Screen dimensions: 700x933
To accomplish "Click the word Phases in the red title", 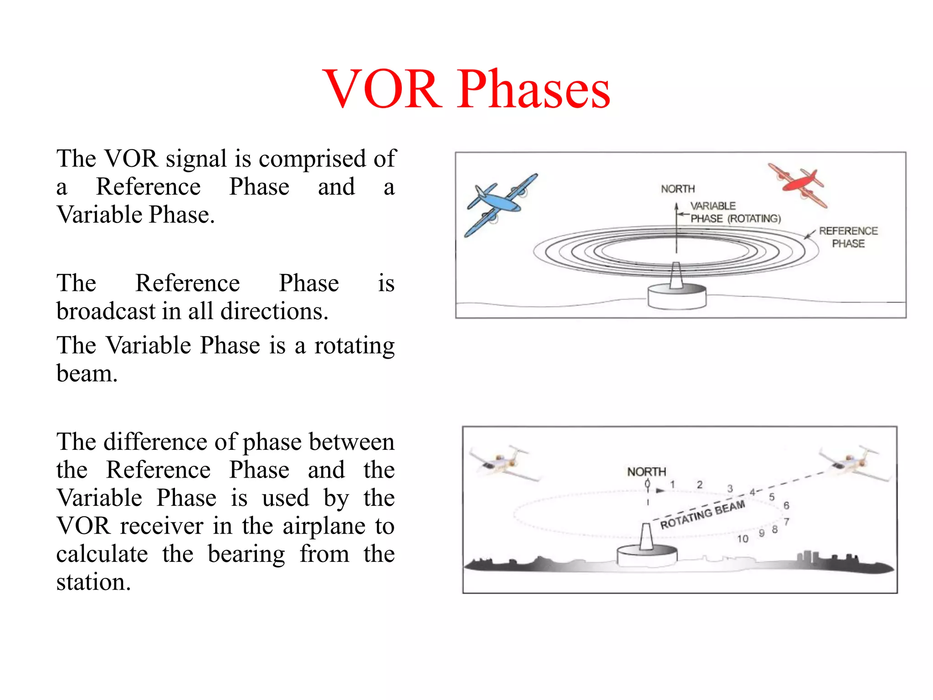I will (534, 89).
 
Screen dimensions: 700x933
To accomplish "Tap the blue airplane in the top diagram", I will (500, 204).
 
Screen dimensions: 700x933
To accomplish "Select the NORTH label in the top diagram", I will (678, 189).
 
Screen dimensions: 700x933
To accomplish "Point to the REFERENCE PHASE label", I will (848, 237).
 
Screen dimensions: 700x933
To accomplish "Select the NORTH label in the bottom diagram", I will (646, 472).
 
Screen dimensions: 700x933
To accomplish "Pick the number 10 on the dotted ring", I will (743, 539).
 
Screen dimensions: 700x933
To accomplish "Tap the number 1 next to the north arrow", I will (672, 484).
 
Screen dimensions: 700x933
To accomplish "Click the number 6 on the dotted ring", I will (786, 505).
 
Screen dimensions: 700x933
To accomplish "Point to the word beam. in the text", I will (87, 374).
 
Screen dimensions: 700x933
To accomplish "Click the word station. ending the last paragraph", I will (93, 582).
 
